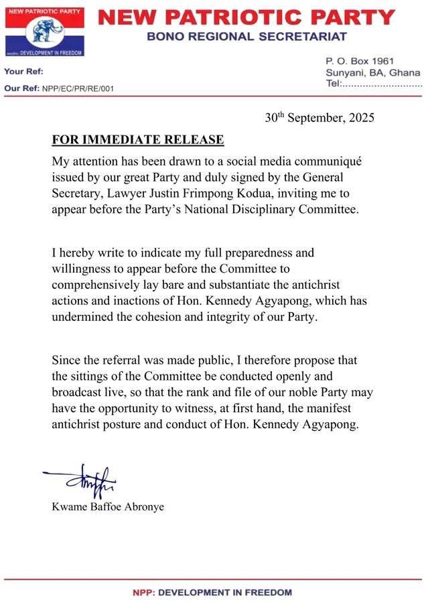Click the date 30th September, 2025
(x=319, y=118)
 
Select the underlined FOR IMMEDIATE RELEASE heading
(x=138, y=140)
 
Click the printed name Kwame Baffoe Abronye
(x=108, y=507)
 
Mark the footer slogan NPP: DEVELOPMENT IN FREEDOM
(x=213, y=592)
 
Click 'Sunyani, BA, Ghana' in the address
(x=373, y=72)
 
